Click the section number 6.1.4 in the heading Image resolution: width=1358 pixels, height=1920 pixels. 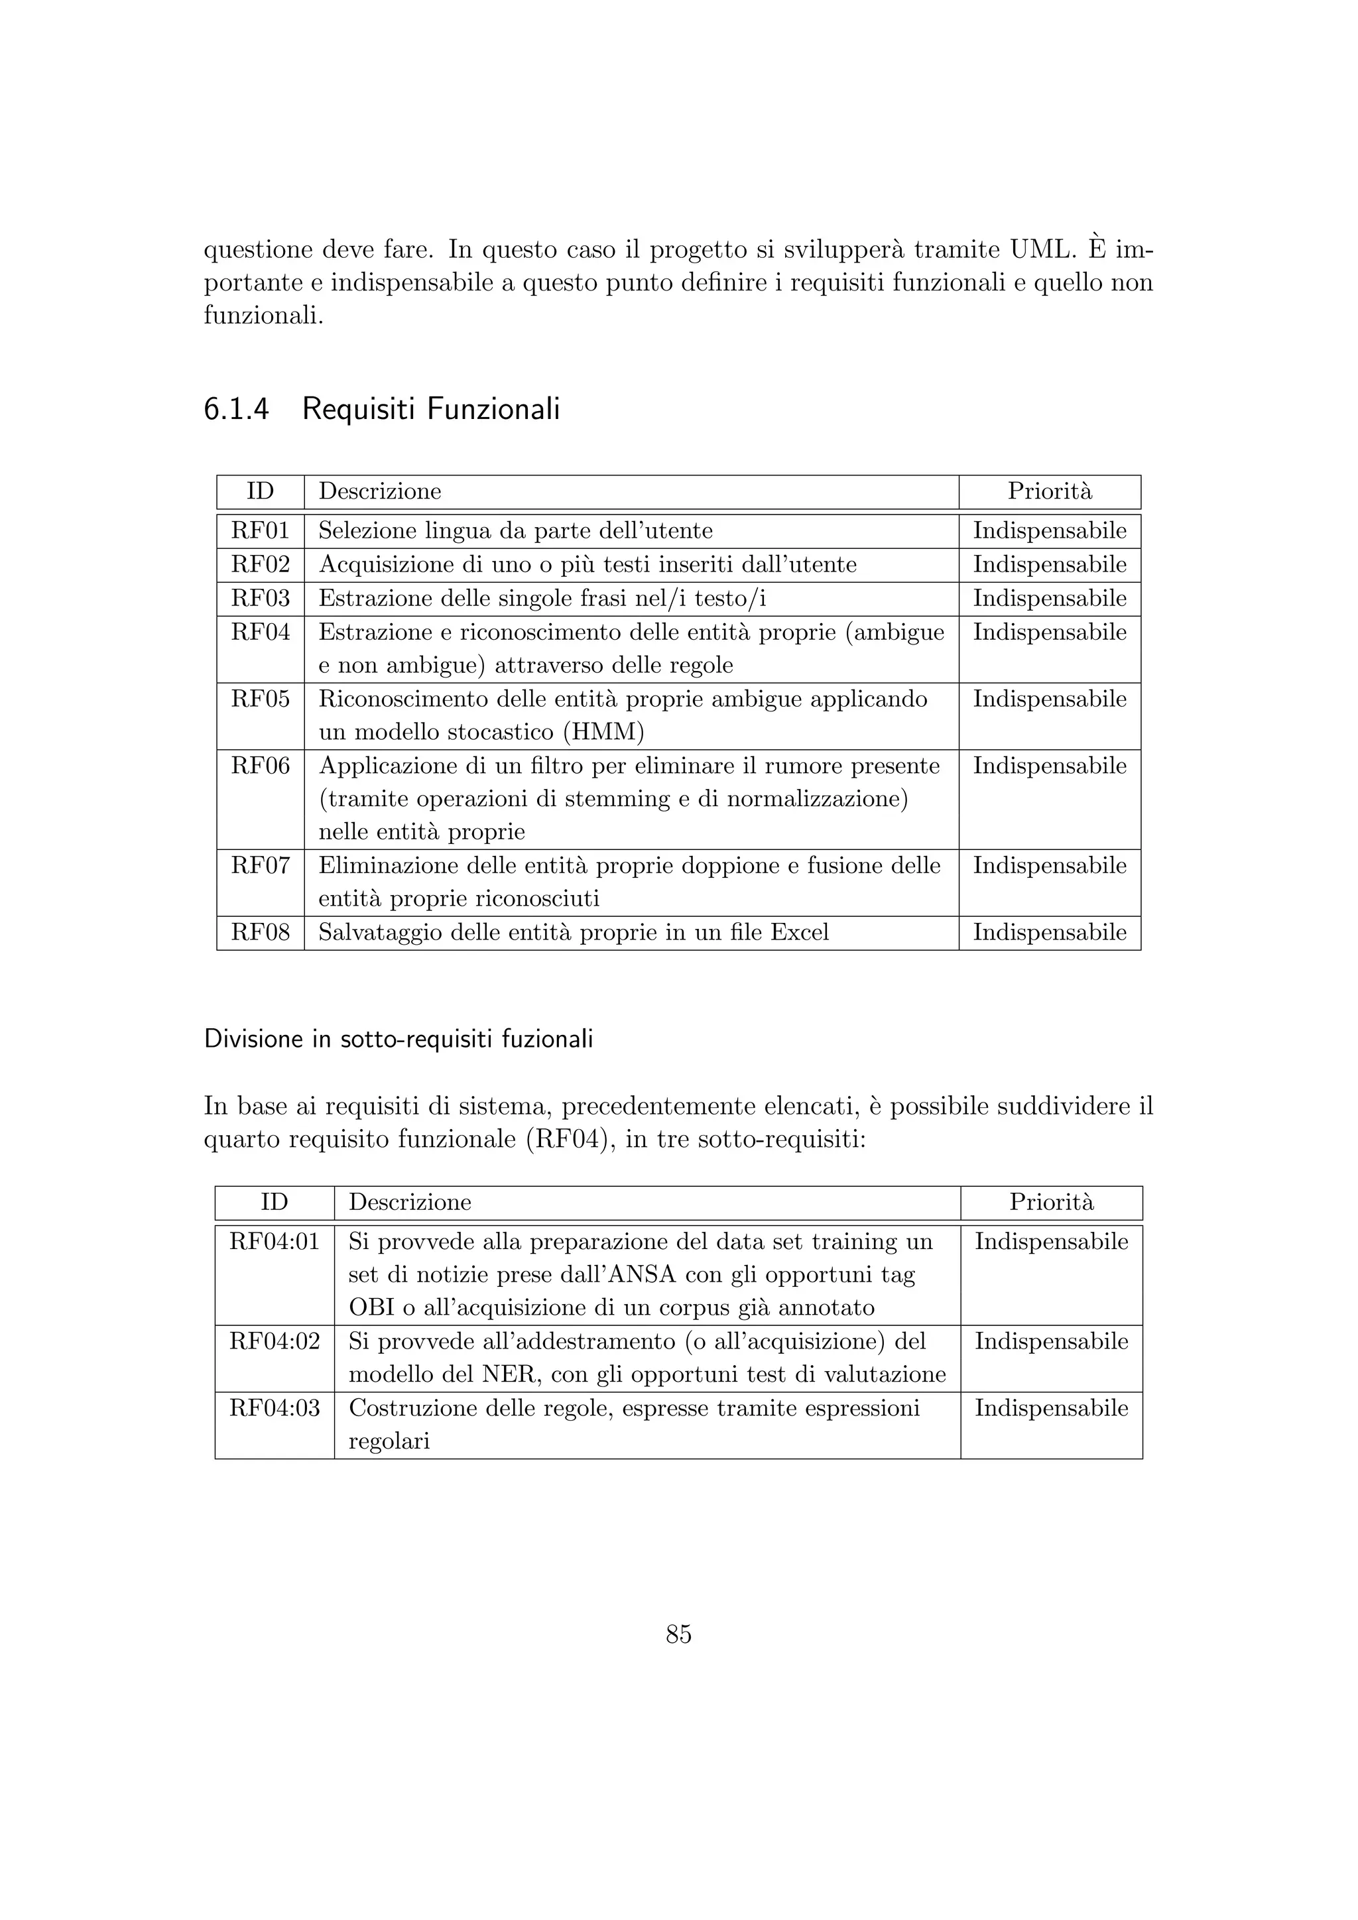pyautogui.click(x=237, y=409)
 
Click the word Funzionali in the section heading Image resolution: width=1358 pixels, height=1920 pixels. pyautogui.click(x=493, y=409)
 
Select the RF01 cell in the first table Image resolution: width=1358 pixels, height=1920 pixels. pyautogui.click(x=260, y=531)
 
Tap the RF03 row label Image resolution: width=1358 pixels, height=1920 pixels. pyautogui.click(x=260, y=599)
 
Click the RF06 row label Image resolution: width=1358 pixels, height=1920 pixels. pyautogui.click(x=260, y=766)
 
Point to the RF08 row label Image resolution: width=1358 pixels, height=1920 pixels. pyautogui.click(x=260, y=932)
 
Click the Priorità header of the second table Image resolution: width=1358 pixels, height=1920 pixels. pyautogui.click(x=1051, y=1203)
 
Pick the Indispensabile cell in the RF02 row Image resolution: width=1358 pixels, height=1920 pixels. pyautogui.click(x=1050, y=566)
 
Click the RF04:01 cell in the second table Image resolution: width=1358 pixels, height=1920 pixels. pyautogui.click(x=275, y=1242)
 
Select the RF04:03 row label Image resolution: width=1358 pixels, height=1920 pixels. pyautogui.click(x=275, y=1408)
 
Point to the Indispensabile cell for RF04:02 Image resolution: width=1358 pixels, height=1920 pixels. pyautogui.click(x=1051, y=1341)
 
